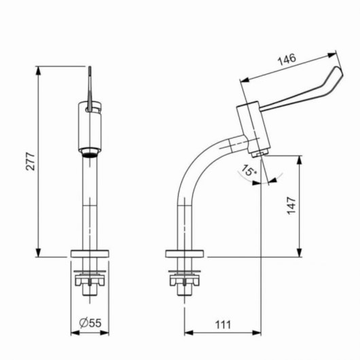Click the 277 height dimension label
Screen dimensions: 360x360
click(31, 161)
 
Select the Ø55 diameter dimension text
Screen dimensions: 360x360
click(90, 323)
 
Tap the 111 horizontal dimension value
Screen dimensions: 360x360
click(223, 325)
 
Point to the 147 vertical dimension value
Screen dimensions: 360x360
click(291, 206)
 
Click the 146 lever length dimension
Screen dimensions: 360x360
click(287, 60)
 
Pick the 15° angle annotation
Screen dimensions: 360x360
click(248, 170)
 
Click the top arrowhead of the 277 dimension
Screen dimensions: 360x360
click(38, 71)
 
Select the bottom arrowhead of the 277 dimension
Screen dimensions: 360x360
click(38, 253)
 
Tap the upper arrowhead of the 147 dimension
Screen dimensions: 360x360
click(299, 160)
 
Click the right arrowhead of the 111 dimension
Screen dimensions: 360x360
click(257, 332)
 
